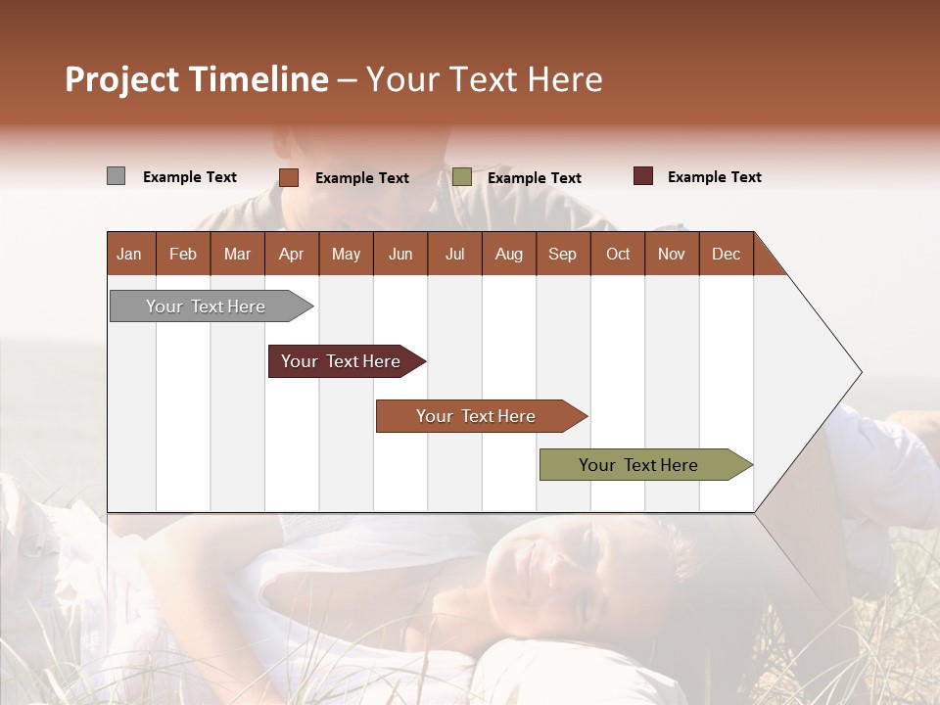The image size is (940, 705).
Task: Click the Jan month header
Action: click(x=129, y=254)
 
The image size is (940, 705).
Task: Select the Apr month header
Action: click(x=292, y=254)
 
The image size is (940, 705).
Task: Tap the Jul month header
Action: click(x=454, y=254)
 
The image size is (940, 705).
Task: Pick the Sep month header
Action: click(x=562, y=254)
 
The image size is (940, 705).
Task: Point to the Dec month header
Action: click(x=726, y=254)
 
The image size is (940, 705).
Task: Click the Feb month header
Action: click(x=183, y=254)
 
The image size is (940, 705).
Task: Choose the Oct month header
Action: click(x=618, y=254)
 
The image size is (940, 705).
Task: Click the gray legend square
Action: click(x=116, y=176)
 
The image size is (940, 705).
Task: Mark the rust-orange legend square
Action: click(x=289, y=177)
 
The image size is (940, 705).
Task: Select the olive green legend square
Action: click(x=462, y=177)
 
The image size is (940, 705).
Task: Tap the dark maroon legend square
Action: click(x=643, y=176)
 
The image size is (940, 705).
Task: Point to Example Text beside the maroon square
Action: click(x=714, y=177)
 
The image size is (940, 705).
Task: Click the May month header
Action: click(x=346, y=254)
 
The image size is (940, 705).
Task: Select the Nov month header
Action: click(x=672, y=254)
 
